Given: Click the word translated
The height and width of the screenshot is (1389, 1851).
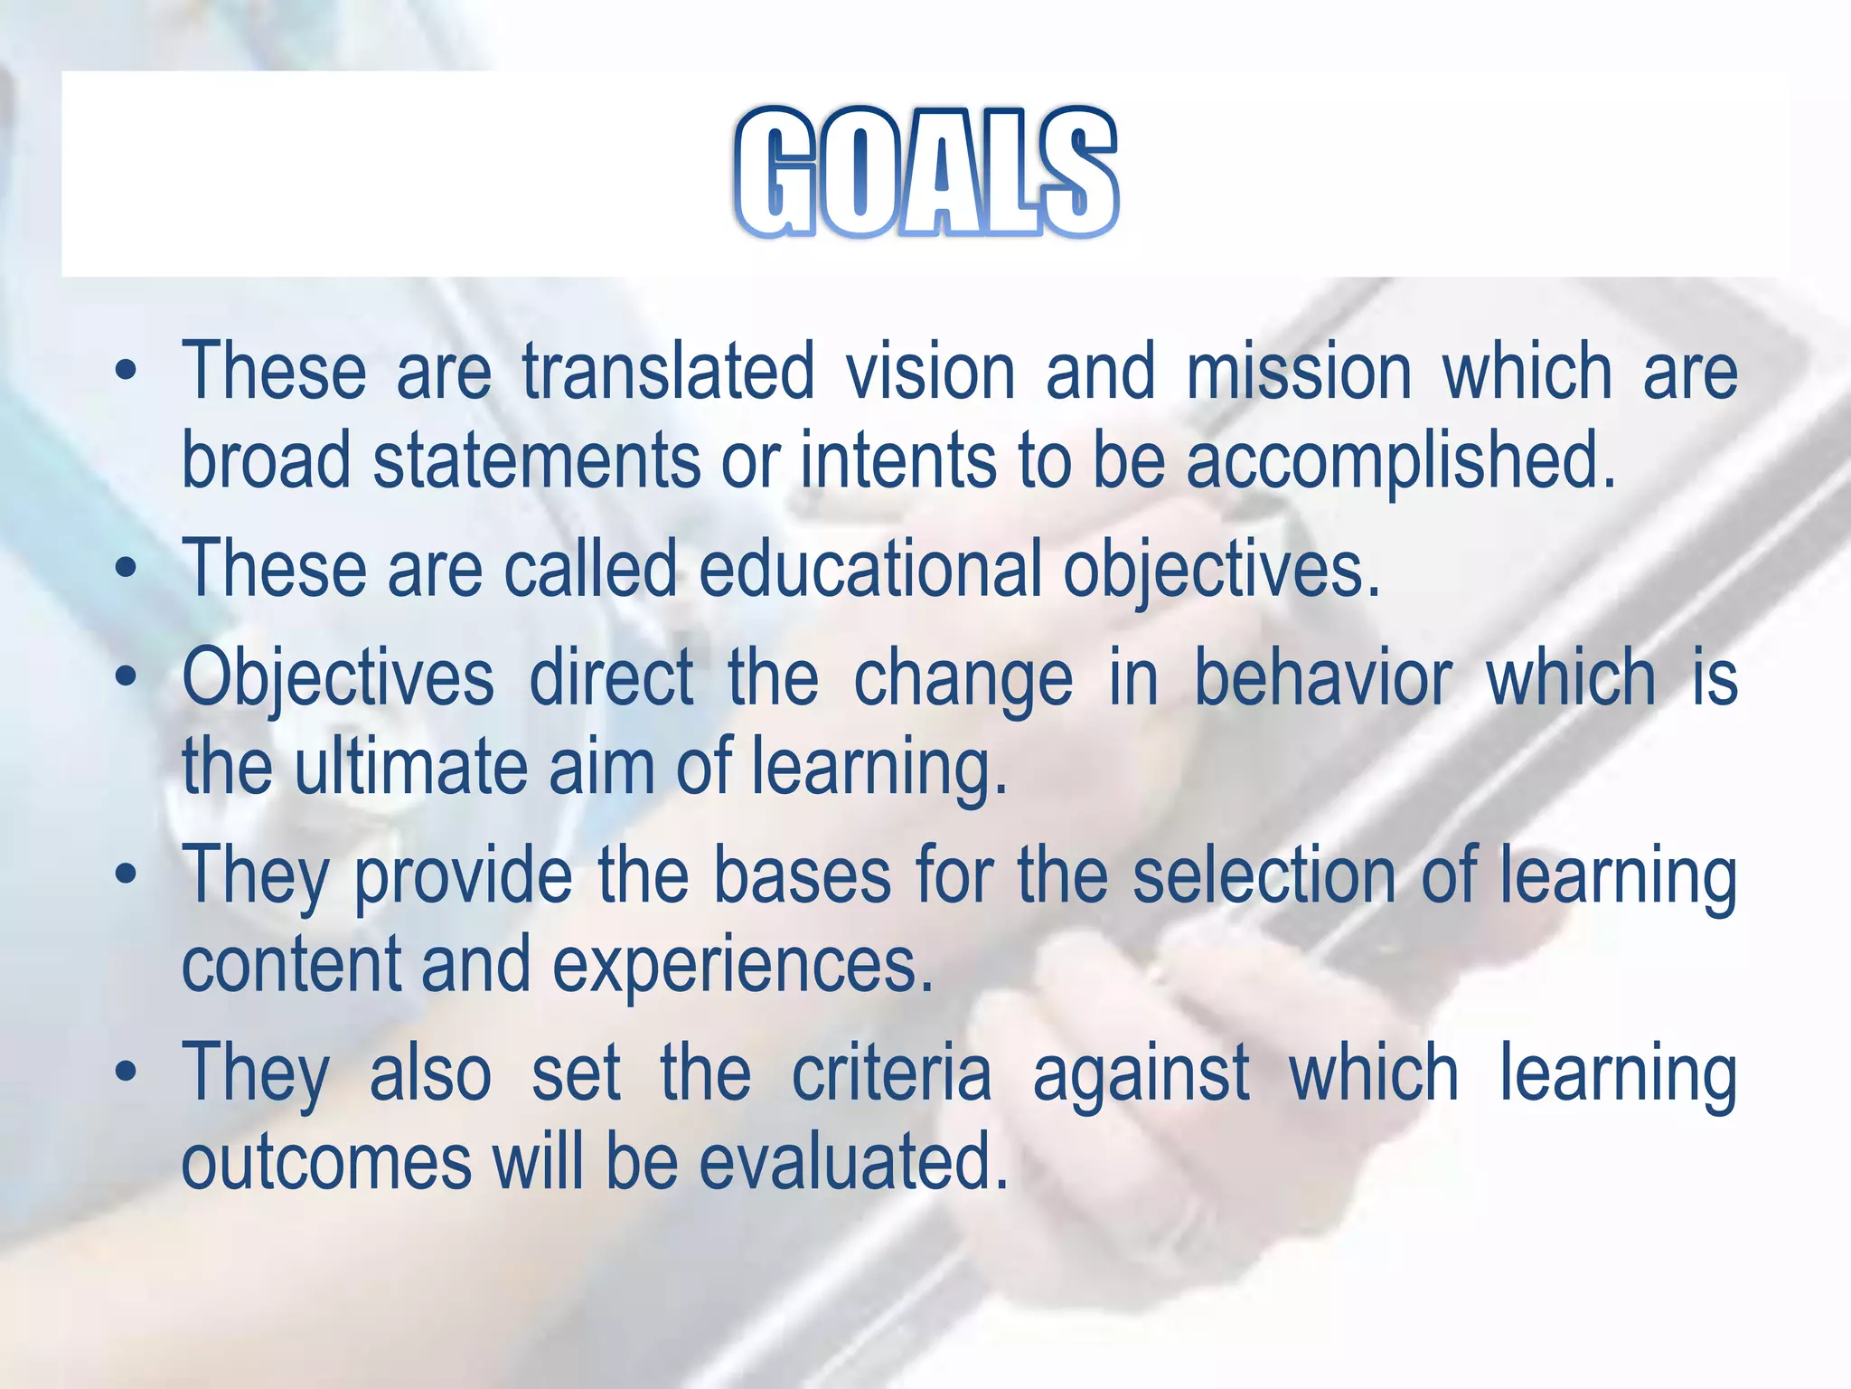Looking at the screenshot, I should [x=668, y=372].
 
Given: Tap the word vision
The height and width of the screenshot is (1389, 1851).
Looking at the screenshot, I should [x=931, y=372].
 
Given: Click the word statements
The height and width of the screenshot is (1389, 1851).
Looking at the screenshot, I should [x=536, y=460].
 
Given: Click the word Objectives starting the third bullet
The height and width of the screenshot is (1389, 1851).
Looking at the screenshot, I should [x=338, y=679].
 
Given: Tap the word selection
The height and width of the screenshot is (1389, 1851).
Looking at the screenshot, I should [x=1264, y=874].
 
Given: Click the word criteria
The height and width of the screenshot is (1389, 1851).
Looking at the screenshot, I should [x=891, y=1072].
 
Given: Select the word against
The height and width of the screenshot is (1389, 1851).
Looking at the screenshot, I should [x=1141, y=1074].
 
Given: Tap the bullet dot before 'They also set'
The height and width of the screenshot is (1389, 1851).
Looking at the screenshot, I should [x=127, y=1072].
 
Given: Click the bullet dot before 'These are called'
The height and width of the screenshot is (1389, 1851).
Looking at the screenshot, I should [x=127, y=569].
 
